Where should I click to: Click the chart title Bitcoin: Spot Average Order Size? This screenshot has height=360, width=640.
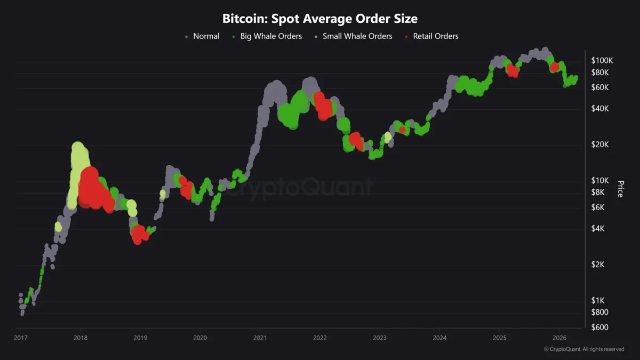click(x=319, y=19)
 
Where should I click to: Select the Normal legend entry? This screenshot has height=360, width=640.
click(x=205, y=36)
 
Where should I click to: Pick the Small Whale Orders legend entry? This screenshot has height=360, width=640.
click(x=357, y=36)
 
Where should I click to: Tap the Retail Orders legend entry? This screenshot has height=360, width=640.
click(x=435, y=36)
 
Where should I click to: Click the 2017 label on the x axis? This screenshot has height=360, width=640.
click(x=21, y=338)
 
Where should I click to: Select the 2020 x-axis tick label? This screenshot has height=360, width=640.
click(x=200, y=338)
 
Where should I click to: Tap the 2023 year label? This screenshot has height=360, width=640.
click(x=380, y=338)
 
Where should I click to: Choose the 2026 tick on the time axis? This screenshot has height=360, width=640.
click(x=559, y=338)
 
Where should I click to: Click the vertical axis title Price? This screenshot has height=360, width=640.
click(x=620, y=188)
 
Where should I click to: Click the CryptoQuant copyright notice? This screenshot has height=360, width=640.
click(x=583, y=349)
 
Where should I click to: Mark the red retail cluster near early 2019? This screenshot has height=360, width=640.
click(x=140, y=234)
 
